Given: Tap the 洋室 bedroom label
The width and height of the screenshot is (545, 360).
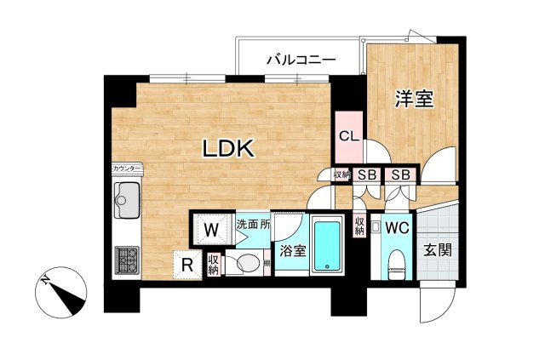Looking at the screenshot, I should click(x=415, y=99).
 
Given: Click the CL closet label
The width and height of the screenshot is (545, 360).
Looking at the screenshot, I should click(x=348, y=136).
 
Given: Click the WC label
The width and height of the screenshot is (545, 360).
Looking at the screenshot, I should click(x=397, y=228).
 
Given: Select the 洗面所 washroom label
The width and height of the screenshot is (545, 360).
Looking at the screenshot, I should click(x=253, y=226).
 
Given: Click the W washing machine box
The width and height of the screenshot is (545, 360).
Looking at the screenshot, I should click(x=213, y=229).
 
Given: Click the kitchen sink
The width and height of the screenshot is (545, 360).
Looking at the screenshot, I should click(x=129, y=200).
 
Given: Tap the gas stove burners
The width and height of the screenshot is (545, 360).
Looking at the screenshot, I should click(x=128, y=259).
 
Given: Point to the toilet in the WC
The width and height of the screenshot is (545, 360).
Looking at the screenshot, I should click(x=397, y=263).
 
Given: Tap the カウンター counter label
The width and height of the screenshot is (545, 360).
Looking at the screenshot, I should click(x=127, y=169).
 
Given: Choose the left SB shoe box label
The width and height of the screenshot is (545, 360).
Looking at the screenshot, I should click(x=366, y=174).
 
